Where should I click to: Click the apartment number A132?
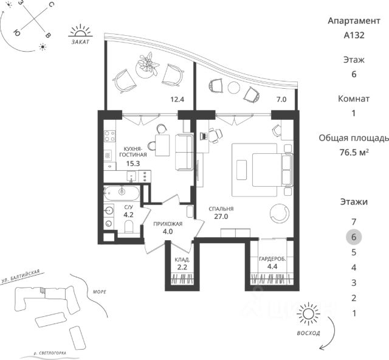353,35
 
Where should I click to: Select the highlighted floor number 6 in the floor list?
353,237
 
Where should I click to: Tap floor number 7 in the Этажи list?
353,222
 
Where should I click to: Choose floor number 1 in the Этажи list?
353,313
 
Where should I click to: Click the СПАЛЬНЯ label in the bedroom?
221,209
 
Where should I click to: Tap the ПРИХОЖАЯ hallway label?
167,223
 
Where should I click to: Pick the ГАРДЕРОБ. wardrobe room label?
273,259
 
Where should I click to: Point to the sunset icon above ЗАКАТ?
79,32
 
